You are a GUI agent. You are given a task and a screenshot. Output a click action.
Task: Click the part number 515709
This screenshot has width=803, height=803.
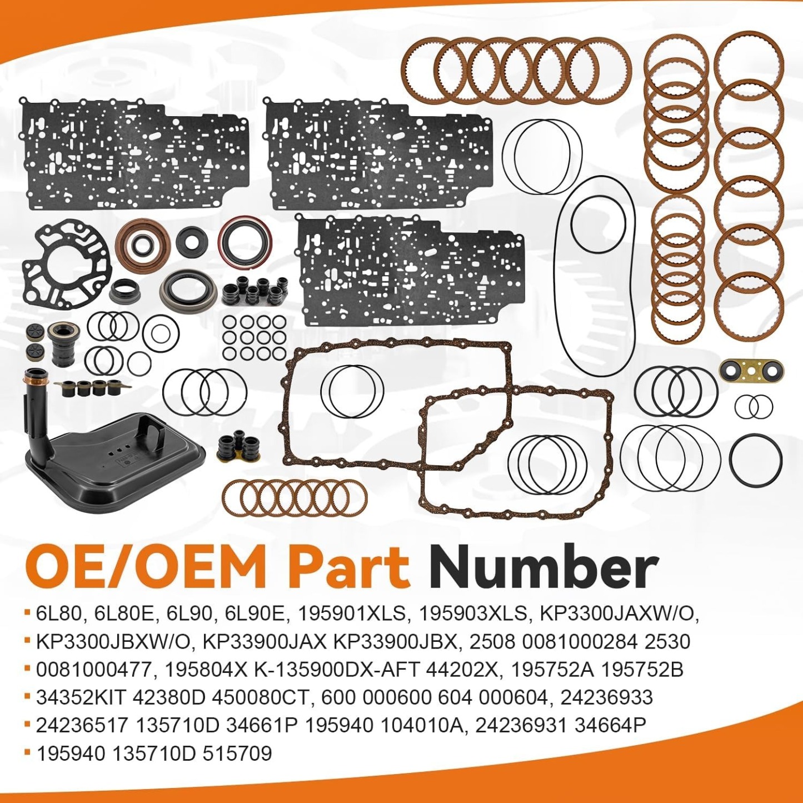click(237, 754)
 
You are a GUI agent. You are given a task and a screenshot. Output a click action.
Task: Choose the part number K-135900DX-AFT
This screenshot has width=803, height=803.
click(336, 670)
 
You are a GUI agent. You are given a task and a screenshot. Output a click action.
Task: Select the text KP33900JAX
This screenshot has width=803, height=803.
click(265, 642)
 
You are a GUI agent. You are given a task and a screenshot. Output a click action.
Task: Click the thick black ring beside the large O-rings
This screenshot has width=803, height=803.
click(756, 460)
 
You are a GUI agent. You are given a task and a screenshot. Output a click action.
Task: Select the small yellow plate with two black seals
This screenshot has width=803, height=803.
click(751, 371)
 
